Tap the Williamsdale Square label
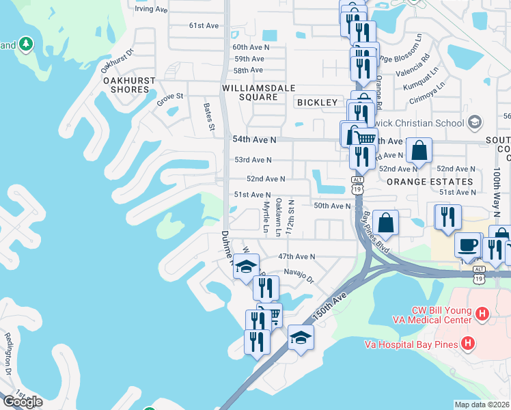tap(250, 93)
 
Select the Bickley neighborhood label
tap(318, 102)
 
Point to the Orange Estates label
tap(429, 182)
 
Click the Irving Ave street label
tap(151, 10)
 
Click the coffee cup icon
tap(468, 245)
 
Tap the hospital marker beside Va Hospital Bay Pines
tap(468, 342)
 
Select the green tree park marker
tap(26, 44)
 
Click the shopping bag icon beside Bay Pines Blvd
tap(386, 222)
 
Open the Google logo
tap(23, 402)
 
